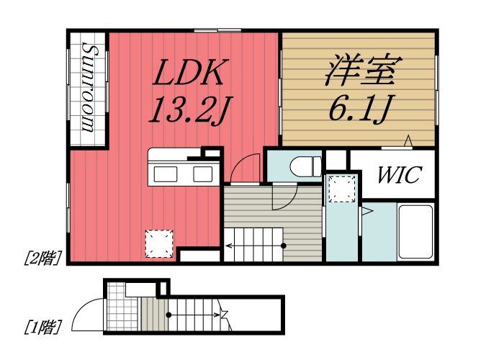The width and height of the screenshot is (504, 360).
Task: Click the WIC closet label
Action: point(394,175)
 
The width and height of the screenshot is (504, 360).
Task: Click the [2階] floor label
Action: point(42,257)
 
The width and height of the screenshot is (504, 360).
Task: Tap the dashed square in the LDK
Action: point(159,243)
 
